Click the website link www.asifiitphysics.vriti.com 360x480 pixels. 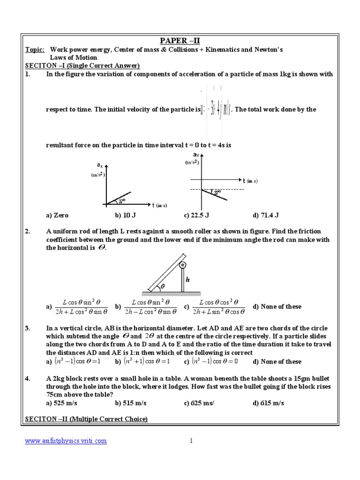tap(66, 441)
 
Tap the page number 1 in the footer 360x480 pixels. tap(191, 441)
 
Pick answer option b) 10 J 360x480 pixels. tap(125, 216)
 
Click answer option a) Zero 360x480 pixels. tap(57, 216)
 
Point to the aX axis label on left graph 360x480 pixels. tap(100, 165)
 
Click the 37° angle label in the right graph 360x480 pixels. tap(217, 193)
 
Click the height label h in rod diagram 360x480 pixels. tap(187, 279)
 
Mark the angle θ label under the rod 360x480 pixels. tap(163, 285)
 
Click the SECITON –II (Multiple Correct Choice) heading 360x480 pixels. tap(86, 419)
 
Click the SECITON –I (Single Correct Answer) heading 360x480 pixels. tap(82, 66)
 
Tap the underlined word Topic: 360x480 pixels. tap(35, 49)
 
